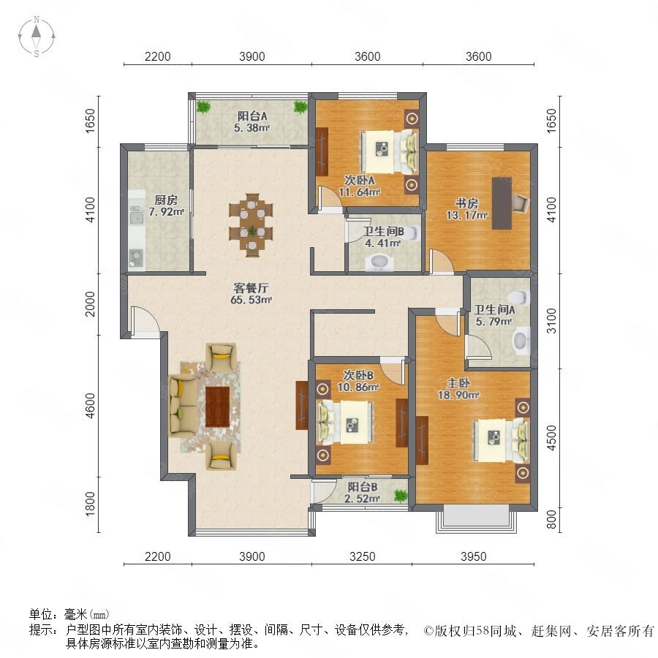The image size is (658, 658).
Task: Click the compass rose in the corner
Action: (37, 37)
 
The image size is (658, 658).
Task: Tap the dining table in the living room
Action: (252, 224)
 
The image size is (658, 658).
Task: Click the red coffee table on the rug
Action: (217, 406)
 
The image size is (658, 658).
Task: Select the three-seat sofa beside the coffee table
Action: (183, 405)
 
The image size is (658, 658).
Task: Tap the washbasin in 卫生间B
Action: (381, 262)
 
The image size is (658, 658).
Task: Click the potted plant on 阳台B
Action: (401, 496)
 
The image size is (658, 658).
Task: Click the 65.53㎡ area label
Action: (251, 300)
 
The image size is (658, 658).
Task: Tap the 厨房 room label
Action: (166, 200)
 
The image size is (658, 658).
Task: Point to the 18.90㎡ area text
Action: (458, 395)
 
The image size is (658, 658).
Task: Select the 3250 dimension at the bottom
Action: (362, 556)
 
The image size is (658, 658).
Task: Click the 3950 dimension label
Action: (473, 556)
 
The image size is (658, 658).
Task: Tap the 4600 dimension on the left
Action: (90, 406)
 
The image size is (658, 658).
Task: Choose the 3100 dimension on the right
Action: (551, 321)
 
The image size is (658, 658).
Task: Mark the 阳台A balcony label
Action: (252, 116)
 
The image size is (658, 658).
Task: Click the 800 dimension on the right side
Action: (551, 519)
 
